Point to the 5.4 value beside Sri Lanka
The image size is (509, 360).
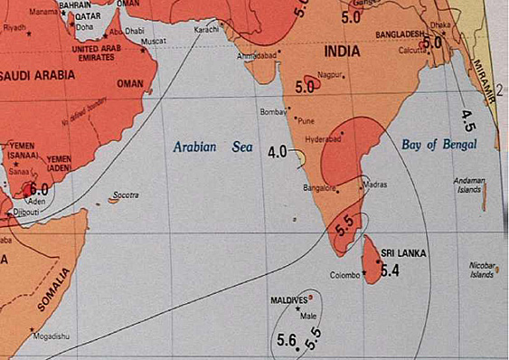point(390,270)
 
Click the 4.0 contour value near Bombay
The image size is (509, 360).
point(278,152)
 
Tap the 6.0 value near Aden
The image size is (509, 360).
point(40,189)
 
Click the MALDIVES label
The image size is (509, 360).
point(289,298)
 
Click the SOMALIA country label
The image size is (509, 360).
point(53,291)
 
